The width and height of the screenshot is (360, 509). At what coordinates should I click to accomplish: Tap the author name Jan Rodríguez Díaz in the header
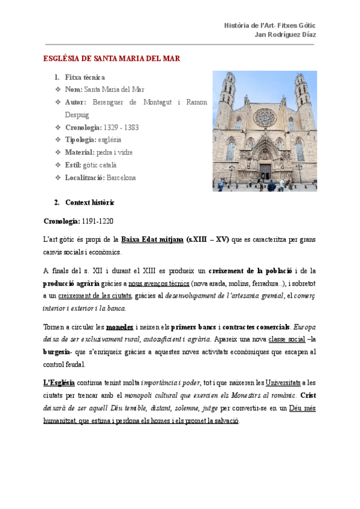click(x=286, y=34)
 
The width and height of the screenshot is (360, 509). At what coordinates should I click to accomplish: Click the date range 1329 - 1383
click(x=121, y=127)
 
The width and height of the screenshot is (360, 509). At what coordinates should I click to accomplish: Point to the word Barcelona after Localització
click(x=121, y=178)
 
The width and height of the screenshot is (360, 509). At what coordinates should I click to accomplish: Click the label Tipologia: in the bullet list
click(x=80, y=140)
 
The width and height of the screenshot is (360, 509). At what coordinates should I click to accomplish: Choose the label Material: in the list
click(x=80, y=152)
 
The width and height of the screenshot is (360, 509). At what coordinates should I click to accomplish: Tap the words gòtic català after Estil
click(x=100, y=165)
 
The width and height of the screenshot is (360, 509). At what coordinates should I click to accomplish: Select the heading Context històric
click(x=89, y=202)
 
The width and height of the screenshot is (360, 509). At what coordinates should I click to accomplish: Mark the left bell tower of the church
click(x=227, y=96)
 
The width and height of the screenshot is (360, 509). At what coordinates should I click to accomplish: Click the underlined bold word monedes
click(x=120, y=327)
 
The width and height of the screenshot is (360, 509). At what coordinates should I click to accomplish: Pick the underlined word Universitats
click(x=284, y=382)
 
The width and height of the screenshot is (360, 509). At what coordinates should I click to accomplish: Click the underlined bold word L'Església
click(x=59, y=382)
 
